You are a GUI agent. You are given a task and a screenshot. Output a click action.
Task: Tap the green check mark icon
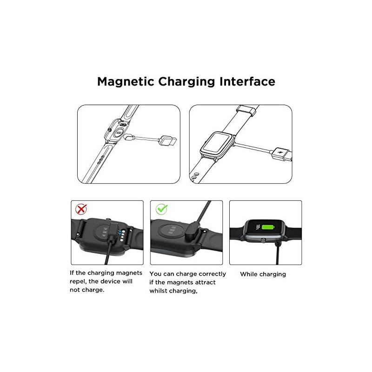click(x=160, y=209)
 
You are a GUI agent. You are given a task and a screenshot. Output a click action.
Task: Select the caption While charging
click(x=263, y=274)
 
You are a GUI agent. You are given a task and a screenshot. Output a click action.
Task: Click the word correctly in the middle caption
click(x=210, y=274)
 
